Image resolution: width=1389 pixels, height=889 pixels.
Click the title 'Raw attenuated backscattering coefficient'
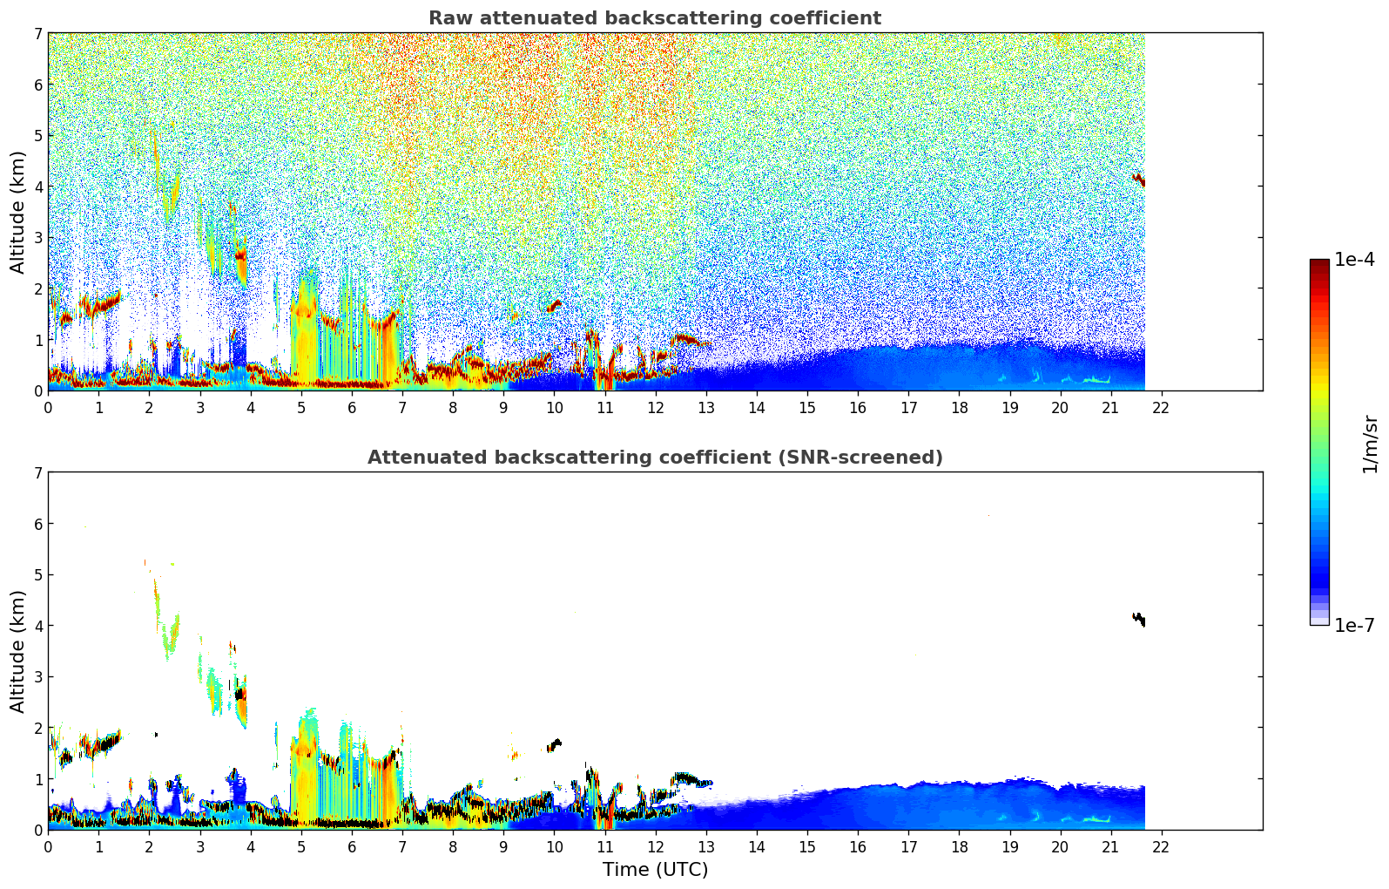coord(654,18)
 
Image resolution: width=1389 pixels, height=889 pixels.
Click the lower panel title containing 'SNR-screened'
coord(654,458)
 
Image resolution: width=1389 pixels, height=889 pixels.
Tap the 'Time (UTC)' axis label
coord(655,870)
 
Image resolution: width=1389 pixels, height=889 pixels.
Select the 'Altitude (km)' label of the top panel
coord(18,212)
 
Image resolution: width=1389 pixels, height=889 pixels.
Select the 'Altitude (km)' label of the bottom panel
coord(18,651)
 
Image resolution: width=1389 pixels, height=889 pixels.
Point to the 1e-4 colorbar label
coord(1354,260)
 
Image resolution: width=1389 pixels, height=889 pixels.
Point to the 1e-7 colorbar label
coord(1354,625)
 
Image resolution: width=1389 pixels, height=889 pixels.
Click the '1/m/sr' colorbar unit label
coord(1370,444)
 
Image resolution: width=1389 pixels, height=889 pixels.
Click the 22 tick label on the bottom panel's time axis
coord(1161,847)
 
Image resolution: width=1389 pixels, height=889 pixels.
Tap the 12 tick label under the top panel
coord(655,408)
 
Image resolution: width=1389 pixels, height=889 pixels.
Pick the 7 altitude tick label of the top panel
coord(38,34)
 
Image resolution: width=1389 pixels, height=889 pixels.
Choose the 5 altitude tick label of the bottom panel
coord(38,575)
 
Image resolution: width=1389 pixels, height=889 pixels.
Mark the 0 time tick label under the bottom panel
coord(48,847)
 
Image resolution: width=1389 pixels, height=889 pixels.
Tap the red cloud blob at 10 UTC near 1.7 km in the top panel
coord(554,305)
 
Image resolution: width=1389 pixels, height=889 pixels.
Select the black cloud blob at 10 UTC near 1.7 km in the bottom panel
coord(554,744)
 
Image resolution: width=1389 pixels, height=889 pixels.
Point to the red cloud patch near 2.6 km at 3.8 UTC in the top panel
coord(241,256)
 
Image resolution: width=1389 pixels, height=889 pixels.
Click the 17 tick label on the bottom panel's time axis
coord(908,847)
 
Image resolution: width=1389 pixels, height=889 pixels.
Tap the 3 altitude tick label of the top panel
coord(38,238)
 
